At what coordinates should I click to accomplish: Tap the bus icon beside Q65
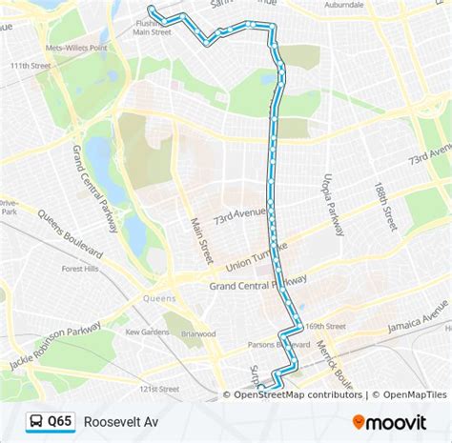pyautogui.click(x=34, y=421)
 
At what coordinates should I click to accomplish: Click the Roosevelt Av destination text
pyautogui.click(x=120, y=421)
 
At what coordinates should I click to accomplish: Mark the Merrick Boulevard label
pyautogui.click(x=337, y=363)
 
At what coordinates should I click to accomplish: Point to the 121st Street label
pyautogui.click(x=158, y=389)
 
